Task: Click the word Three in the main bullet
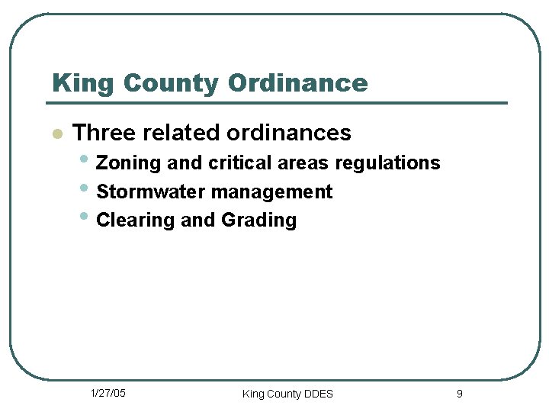click(104, 133)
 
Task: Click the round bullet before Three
click(56, 134)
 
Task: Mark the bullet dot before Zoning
click(84, 160)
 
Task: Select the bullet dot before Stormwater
click(84, 188)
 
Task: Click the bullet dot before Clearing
click(84, 217)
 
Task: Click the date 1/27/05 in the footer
click(108, 393)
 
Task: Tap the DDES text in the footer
click(318, 394)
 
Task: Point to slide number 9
click(459, 394)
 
